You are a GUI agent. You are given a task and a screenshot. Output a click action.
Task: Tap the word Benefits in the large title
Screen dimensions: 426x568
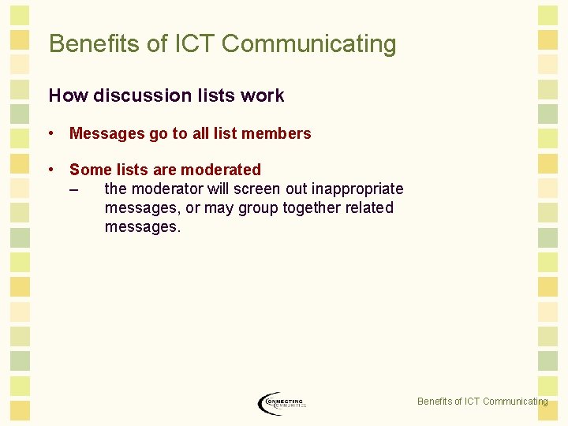(95, 44)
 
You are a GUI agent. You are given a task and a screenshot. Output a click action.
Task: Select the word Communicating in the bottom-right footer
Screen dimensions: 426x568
(514, 402)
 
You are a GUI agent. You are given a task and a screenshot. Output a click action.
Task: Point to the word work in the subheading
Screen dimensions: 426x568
(263, 96)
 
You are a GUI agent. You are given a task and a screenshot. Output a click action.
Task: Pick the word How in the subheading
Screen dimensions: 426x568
(68, 96)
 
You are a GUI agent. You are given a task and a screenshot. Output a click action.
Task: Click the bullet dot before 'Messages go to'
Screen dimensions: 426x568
(51, 133)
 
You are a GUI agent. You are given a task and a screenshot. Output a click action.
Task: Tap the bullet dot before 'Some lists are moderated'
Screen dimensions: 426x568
(51, 170)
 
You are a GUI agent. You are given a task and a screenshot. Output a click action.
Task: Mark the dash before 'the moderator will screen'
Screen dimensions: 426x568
(74, 189)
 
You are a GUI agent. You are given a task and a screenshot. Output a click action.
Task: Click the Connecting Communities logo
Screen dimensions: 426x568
(281, 402)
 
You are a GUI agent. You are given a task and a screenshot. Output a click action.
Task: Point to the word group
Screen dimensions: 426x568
(255, 209)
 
